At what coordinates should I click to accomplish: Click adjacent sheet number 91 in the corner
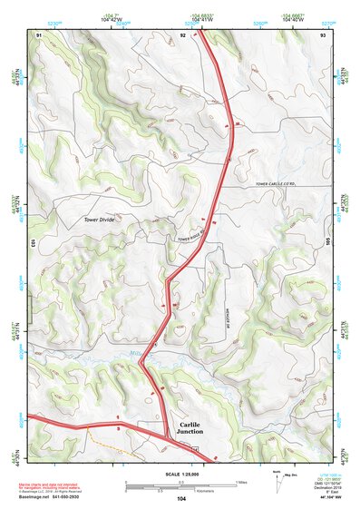click(39, 34)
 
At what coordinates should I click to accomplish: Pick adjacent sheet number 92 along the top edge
click(182, 34)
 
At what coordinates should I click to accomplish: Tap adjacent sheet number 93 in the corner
click(323, 34)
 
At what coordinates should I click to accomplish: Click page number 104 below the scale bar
click(181, 499)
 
